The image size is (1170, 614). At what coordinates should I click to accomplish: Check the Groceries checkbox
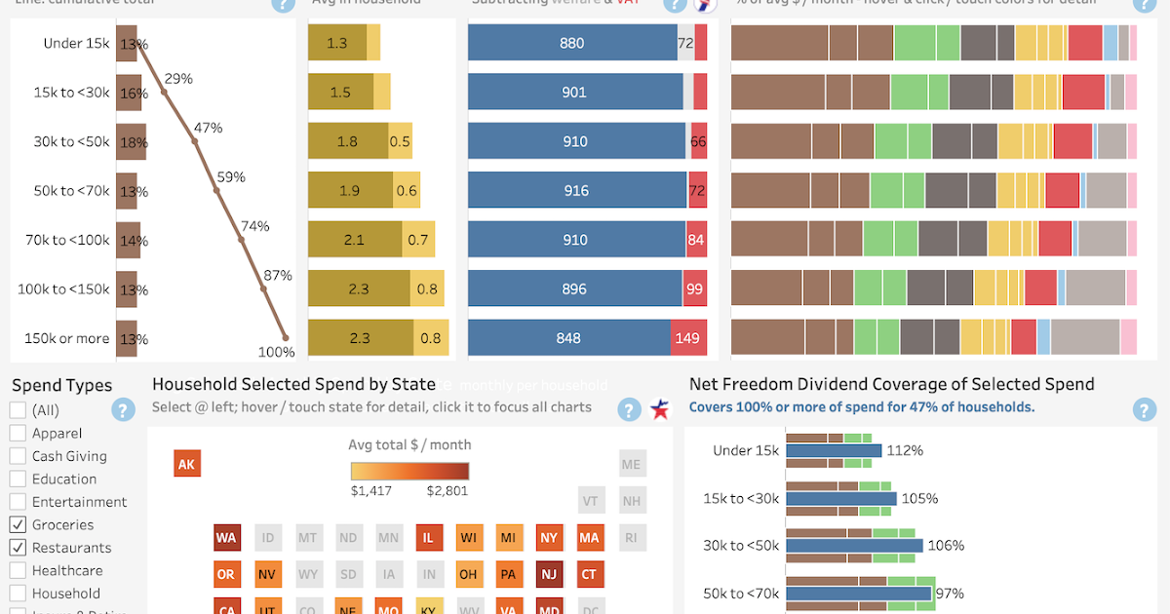coord(18,524)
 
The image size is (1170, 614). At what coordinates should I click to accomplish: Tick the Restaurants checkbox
coord(18,548)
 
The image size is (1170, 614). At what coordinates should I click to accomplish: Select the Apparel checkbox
coord(18,433)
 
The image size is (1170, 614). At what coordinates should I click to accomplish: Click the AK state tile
coord(187,464)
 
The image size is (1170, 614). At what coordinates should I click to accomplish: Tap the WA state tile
coord(226,538)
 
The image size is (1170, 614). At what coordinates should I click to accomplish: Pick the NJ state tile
coord(549,574)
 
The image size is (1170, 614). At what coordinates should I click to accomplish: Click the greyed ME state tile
coord(631,465)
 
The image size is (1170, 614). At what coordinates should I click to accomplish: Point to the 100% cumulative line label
coord(276,352)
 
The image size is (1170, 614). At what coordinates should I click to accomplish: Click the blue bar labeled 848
coord(569,338)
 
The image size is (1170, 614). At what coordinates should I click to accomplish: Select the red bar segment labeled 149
coord(688,338)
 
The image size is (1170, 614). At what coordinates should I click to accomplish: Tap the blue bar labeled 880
coord(572,43)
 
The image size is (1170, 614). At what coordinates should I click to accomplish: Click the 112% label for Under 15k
coord(904,451)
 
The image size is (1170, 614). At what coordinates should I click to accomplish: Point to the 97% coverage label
coord(949,594)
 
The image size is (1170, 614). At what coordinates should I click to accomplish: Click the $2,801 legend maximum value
coord(447,491)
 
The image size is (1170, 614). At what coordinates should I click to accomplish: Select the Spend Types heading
coord(62,386)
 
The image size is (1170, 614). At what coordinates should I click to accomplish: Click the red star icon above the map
coord(660,409)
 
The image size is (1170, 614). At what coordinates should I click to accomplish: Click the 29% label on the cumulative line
coord(178,79)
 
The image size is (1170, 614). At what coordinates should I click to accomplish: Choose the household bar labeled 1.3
coord(337,43)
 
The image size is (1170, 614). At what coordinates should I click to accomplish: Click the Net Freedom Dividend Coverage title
coord(891,384)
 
